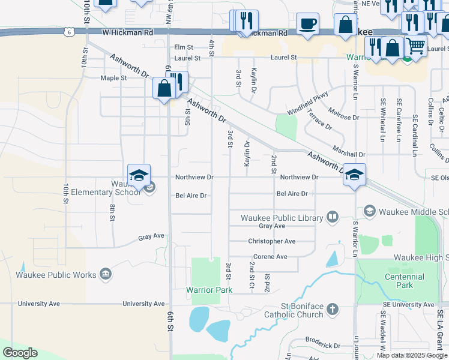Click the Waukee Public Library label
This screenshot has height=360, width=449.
282,217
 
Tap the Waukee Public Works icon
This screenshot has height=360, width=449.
106,274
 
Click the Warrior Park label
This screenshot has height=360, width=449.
209,290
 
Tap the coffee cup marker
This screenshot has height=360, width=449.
307,25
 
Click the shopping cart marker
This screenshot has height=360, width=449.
415,45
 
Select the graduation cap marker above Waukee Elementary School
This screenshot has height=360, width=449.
139,175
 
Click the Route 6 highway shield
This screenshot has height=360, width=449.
71,31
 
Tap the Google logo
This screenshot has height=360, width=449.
20,353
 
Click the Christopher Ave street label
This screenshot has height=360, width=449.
272,241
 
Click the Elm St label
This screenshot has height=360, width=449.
184,47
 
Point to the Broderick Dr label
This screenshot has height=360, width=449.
323,346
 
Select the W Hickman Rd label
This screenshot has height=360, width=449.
127,31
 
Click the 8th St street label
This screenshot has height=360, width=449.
112,212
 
